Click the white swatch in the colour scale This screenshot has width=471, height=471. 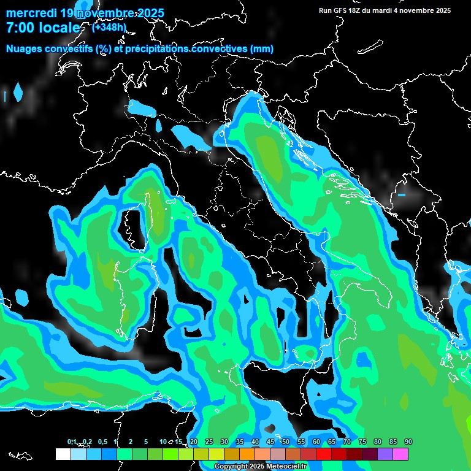coord(63,454)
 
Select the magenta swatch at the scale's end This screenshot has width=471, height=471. coord(400,454)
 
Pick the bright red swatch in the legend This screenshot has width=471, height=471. coord(324,454)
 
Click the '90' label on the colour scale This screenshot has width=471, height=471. coord(408,442)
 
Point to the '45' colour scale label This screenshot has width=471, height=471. coord(270,442)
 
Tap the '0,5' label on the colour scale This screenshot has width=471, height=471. coord(102,442)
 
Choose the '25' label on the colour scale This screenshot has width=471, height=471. coord(209,442)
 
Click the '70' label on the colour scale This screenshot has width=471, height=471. coord(347,442)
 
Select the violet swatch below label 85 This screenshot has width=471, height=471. coord(385,454)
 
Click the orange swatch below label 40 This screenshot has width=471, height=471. coord(247,454)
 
